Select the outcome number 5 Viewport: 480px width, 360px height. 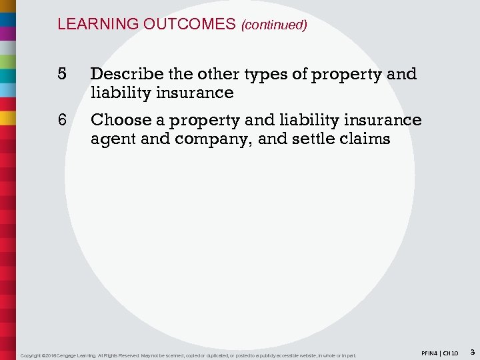(61, 74)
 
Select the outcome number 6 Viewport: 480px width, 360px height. (61, 120)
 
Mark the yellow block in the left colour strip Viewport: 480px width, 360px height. (8, 117)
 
